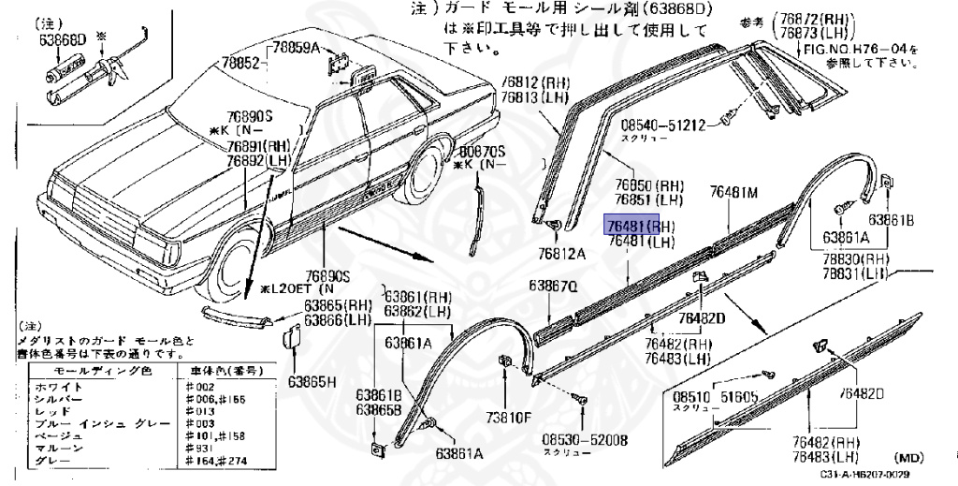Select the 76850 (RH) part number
tap(649, 185)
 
